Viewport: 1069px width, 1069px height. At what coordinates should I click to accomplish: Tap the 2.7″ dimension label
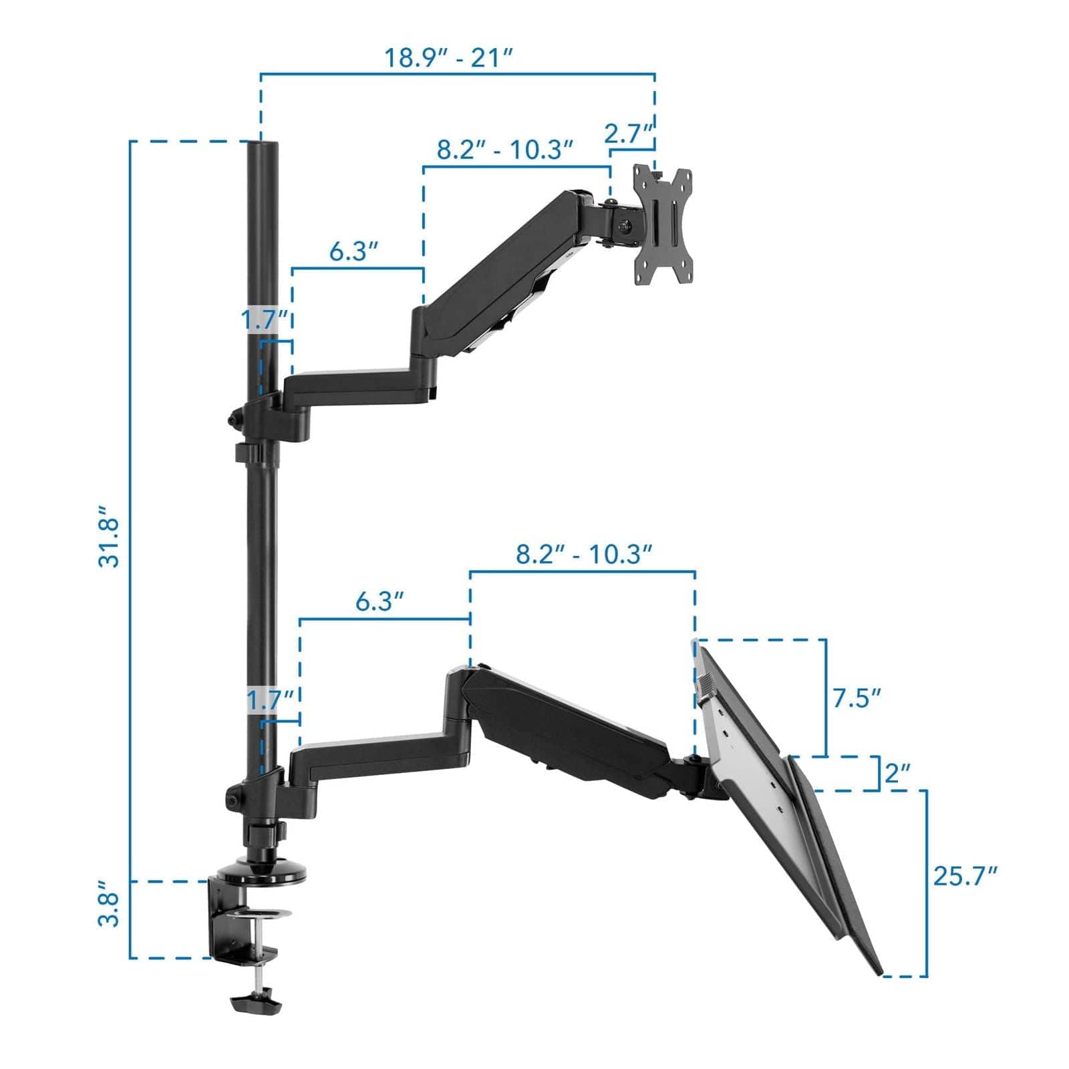click(x=628, y=134)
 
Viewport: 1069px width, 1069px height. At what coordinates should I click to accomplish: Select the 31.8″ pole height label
click(x=109, y=534)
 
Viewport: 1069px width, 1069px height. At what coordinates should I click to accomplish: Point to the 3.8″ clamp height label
click(x=109, y=909)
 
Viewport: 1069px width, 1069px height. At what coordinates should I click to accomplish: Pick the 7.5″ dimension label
click(x=856, y=698)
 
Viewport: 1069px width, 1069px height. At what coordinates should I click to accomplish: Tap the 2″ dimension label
click(x=897, y=774)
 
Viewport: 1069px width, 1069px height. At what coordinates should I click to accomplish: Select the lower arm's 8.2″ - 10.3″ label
click(x=583, y=554)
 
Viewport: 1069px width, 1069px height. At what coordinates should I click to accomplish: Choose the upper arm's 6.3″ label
click(x=354, y=252)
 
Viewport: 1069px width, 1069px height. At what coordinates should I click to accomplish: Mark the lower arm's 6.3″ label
click(x=379, y=601)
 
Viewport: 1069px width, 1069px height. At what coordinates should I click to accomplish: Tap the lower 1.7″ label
click(x=271, y=701)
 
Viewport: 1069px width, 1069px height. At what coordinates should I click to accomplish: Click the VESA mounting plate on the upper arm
click(x=663, y=226)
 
